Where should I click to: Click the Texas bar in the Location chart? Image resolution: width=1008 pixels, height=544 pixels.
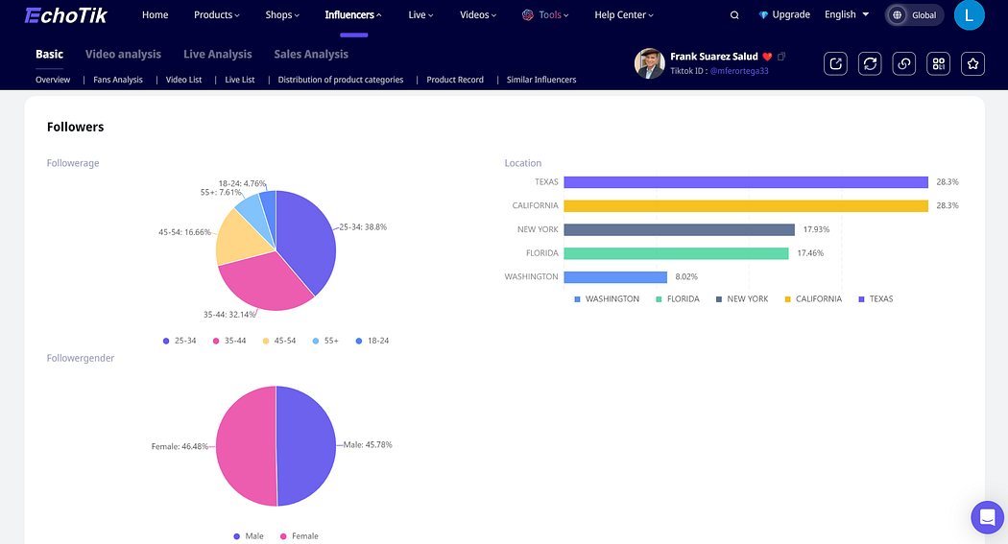746,182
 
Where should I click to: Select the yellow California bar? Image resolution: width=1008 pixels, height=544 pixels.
746,205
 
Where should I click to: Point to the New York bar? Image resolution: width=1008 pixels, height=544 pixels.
679,229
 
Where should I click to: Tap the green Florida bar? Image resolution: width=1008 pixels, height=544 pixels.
676,253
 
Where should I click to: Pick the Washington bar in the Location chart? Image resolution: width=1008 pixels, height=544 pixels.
615,277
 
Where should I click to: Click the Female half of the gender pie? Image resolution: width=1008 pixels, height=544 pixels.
246,446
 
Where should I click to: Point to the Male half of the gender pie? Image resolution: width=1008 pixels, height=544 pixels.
306,446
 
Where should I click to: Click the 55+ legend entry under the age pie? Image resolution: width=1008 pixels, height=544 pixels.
325,341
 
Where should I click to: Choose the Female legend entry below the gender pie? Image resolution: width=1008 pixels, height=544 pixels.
299,536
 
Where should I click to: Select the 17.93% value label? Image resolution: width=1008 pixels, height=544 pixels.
816,229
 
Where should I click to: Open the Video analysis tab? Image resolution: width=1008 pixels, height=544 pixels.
124,55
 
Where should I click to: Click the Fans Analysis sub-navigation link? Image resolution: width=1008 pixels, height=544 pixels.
118,80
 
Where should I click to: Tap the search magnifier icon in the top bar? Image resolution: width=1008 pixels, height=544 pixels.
734,14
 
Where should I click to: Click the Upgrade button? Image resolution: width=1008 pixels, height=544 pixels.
784,14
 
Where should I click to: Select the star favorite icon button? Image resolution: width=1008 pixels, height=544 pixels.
972,63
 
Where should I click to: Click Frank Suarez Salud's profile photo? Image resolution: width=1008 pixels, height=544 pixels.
649,63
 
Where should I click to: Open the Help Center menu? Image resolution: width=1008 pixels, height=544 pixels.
624,14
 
